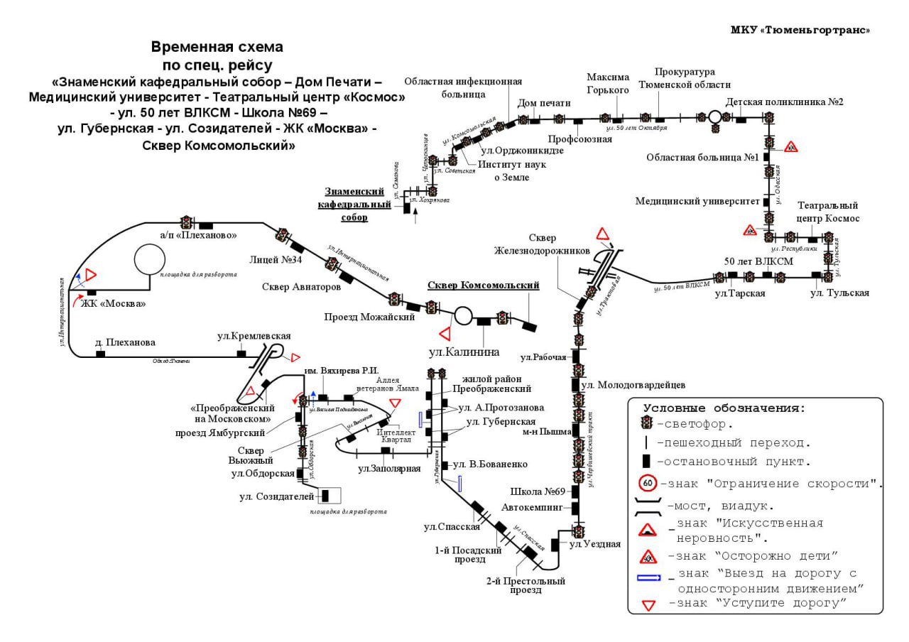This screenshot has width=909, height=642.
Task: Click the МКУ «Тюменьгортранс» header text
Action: click(x=800, y=30)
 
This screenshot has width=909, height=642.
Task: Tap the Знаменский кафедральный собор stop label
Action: click(x=354, y=205)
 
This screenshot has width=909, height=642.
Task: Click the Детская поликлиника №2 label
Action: click(x=785, y=102)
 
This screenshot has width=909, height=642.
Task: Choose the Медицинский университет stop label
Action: click(x=697, y=201)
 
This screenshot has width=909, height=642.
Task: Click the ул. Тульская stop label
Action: click(x=839, y=293)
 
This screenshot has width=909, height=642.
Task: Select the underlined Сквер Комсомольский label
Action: click(x=483, y=285)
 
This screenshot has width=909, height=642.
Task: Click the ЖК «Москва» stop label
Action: click(x=114, y=304)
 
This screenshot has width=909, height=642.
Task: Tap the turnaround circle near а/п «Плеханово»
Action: click(x=150, y=259)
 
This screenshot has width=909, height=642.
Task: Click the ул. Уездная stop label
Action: click(x=595, y=544)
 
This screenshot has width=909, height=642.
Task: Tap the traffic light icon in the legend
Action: click(x=647, y=424)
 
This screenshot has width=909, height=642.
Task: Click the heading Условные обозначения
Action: click(x=724, y=408)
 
